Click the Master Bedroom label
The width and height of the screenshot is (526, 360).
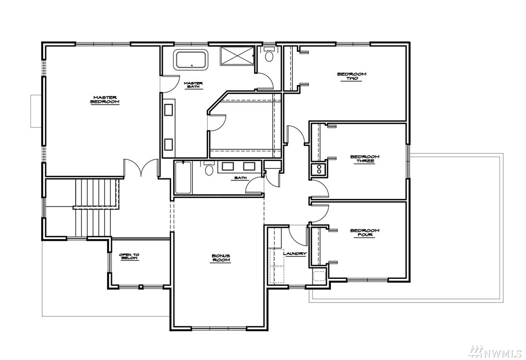pyautogui.click(x=105, y=100)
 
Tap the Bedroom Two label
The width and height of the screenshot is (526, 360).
pyautogui.click(x=351, y=76)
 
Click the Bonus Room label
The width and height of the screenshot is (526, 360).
pyautogui.click(x=221, y=258)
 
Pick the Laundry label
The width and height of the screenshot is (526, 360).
pyautogui.click(x=295, y=254)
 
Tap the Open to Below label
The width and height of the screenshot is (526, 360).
pyautogui.click(x=129, y=256)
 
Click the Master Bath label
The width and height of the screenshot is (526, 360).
pyautogui.click(x=194, y=85)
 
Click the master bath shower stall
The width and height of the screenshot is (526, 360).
pyautogui.click(x=237, y=56)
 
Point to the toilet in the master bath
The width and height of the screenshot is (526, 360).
pyautogui.click(x=269, y=55)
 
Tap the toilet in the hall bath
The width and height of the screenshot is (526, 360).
pyautogui.click(x=209, y=168)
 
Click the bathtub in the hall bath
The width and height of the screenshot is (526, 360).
pyautogui.click(x=183, y=178)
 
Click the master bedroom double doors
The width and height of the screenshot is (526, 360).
pyautogui.click(x=141, y=167)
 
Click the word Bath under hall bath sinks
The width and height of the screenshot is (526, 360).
pyautogui.click(x=240, y=178)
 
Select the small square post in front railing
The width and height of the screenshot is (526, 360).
pyautogui.click(x=141, y=287)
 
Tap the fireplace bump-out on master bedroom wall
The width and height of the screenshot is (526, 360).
pyautogui.click(x=36, y=111)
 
